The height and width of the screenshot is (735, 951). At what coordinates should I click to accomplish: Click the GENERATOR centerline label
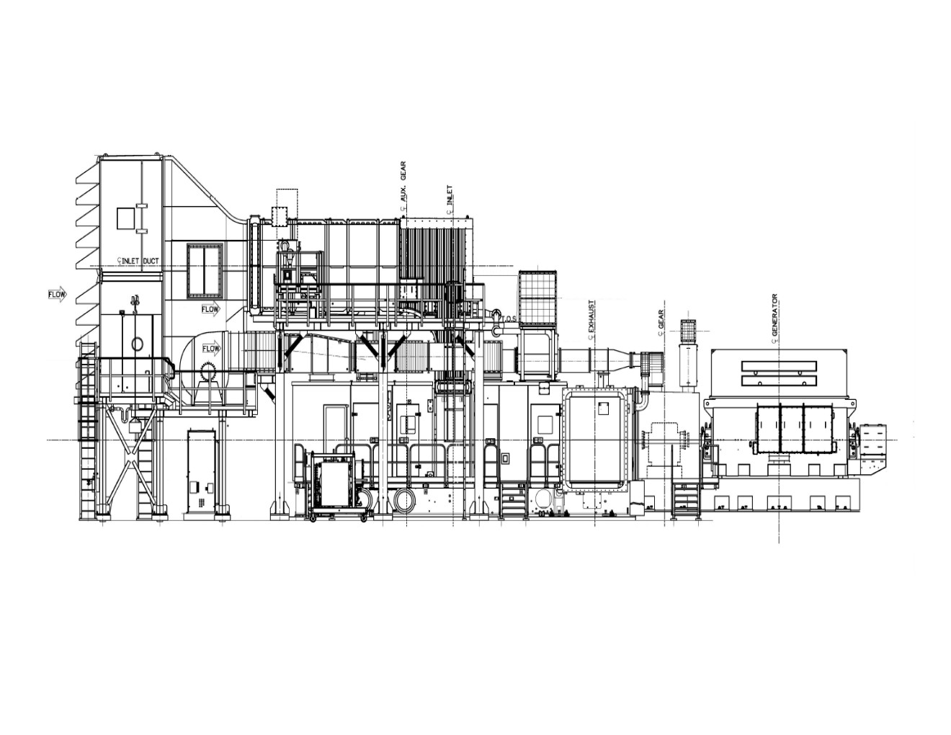tap(774, 315)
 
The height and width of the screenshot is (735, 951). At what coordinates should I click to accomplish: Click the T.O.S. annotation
tap(509, 318)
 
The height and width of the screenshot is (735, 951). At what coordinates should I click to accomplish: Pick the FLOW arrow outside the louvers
tap(57, 295)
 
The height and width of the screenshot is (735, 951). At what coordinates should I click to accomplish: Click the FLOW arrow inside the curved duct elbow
tap(211, 349)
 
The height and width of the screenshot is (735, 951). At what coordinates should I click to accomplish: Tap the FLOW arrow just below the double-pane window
tap(211, 309)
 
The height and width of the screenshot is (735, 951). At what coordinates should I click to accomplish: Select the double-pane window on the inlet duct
tap(205, 272)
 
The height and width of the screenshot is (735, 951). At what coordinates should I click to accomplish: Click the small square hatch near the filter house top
tap(125, 218)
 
